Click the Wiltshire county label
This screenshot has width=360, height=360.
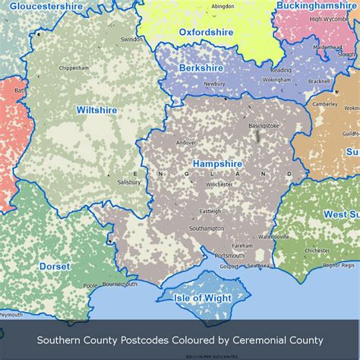[x=96, y=110]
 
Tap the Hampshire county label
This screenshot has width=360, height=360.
[x=217, y=164]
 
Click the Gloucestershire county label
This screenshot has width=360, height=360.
[x=46, y=6]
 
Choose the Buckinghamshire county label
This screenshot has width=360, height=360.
[x=316, y=5]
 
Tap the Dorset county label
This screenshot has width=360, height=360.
[x=54, y=267]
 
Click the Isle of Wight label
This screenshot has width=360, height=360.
[x=203, y=298]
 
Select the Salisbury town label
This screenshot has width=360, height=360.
[x=128, y=182]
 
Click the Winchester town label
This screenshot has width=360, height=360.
[x=219, y=184]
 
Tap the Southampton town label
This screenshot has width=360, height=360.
[x=207, y=228]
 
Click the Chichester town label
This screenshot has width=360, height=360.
[x=317, y=250]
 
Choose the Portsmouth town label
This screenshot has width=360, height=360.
[x=229, y=256]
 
